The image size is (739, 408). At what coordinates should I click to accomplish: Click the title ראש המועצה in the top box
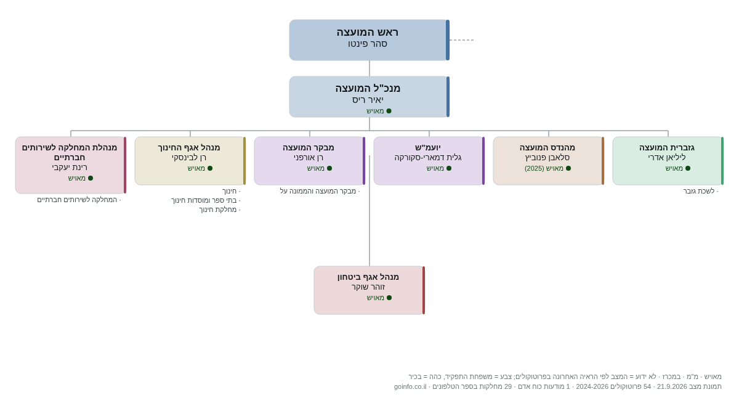click(367, 32)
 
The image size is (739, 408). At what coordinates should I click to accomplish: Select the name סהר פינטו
click(367, 44)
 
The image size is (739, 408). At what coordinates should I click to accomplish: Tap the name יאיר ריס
click(368, 100)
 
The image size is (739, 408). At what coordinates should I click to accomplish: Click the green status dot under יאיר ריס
click(389, 111)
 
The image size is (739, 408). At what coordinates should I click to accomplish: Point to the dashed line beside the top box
click(461, 40)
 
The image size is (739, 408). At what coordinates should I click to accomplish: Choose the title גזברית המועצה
click(667, 147)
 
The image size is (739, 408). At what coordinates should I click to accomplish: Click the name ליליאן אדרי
click(667, 157)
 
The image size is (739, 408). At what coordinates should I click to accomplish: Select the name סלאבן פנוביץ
click(547, 157)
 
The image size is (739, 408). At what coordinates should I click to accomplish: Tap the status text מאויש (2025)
click(544, 168)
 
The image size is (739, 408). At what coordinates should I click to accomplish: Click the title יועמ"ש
click(428, 147)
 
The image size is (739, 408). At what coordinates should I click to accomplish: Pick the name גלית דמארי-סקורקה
click(428, 157)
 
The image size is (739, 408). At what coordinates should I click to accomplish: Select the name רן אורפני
click(309, 157)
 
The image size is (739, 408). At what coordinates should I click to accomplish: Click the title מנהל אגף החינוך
click(188, 147)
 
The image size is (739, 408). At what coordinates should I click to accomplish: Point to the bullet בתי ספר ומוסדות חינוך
click(204, 200)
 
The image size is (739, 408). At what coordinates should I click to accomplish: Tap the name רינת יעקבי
click(70, 168)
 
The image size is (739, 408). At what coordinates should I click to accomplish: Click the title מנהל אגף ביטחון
click(368, 277)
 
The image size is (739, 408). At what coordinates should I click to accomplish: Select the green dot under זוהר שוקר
click(389, 298)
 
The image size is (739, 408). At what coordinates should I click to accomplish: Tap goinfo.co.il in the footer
click(410, 386)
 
